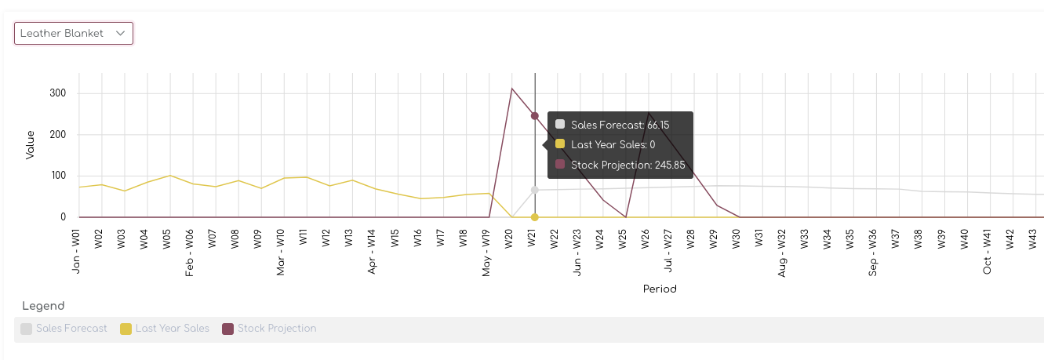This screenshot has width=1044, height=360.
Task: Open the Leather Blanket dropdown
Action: click(73, 33)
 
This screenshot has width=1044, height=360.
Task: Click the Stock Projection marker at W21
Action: click(534, 116)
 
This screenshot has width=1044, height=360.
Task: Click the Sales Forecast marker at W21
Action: click(534, 190)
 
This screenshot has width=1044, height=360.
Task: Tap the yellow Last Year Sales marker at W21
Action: click(534, 217)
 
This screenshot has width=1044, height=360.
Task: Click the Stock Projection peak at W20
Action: click(512, 89)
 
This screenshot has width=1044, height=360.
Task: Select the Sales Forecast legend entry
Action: click(64, 329)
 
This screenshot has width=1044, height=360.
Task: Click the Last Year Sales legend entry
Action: click(165, 329)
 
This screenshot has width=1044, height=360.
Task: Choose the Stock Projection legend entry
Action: click(270, 329)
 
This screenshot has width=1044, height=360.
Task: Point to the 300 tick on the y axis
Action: click(58, 93)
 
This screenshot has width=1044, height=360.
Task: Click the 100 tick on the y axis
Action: click(58, 176)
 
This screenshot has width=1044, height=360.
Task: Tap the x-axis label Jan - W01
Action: click(76, 251)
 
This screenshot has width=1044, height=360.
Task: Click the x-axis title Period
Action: click(660, 289)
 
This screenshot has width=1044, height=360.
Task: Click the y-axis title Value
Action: click(31, 145)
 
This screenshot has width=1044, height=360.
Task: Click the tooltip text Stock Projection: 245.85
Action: click(627, 165)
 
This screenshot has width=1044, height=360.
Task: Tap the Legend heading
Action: click(43, 306)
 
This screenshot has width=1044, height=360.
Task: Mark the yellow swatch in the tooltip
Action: click(560, 144)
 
